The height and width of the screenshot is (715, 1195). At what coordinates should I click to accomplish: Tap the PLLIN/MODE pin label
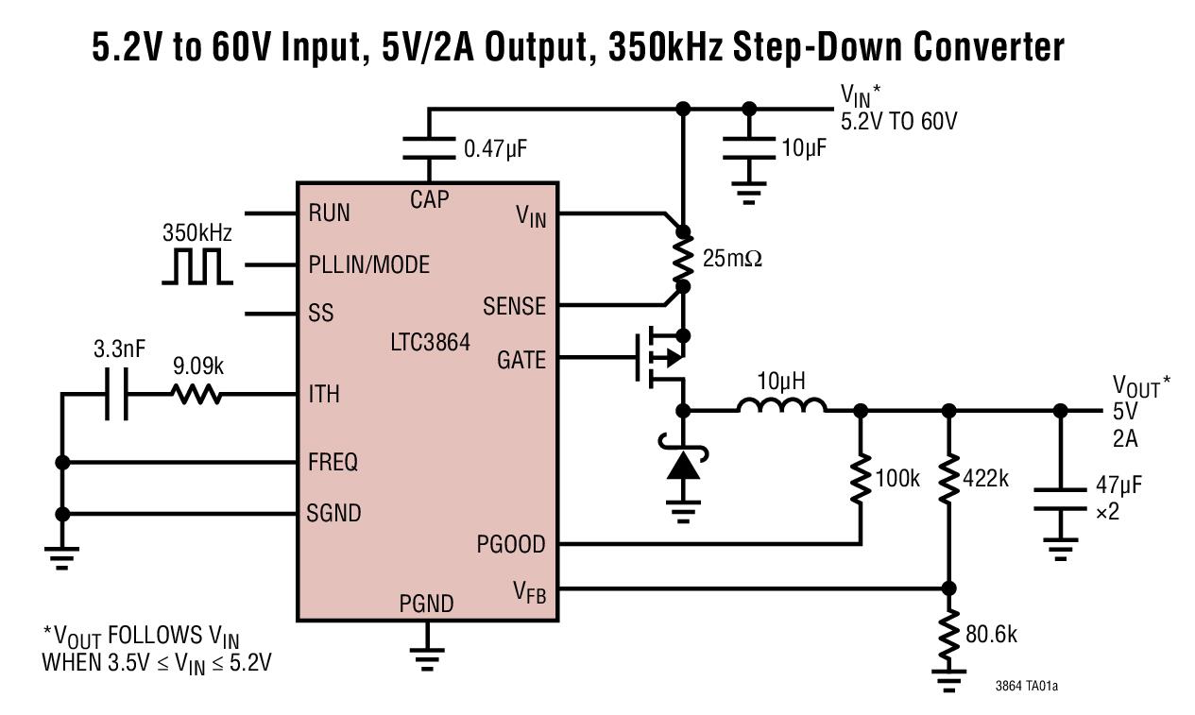(x=368, y=264)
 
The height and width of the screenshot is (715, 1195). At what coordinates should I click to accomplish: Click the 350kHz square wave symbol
(x=196, y=266)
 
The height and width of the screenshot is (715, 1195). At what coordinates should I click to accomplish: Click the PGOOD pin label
(x=511, y=545)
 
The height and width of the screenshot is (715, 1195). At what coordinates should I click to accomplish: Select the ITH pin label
(x=324, y=394)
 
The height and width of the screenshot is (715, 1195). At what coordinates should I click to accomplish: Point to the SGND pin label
(x=333, y=514)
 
